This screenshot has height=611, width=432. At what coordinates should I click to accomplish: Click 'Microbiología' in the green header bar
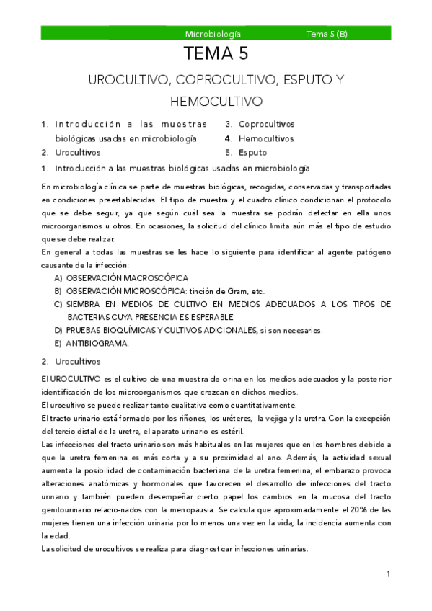click(213, 34)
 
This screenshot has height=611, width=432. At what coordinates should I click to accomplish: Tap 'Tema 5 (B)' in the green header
click(327, 34)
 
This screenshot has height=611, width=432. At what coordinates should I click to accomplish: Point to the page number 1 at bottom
click(388, 574)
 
